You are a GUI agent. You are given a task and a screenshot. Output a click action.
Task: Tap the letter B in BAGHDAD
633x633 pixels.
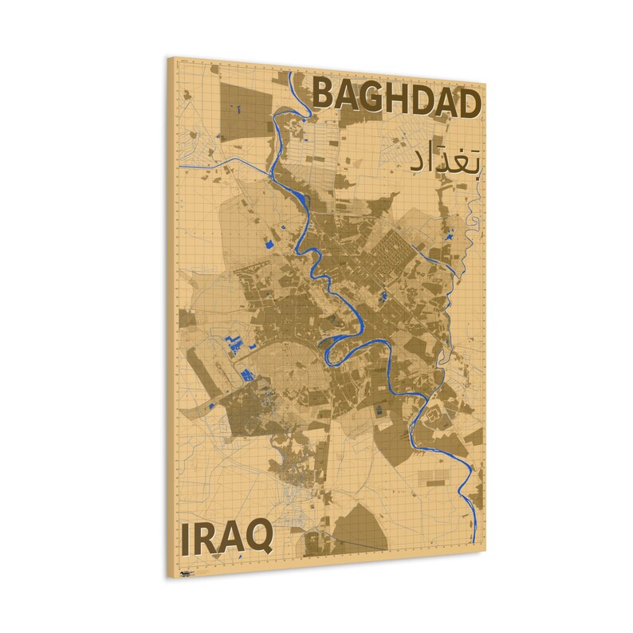[x=325, y=92]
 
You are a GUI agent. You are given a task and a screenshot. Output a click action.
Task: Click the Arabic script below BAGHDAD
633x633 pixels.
[x=444, y=159]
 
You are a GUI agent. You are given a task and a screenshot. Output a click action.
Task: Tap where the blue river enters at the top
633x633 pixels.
[x=290, y=76]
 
